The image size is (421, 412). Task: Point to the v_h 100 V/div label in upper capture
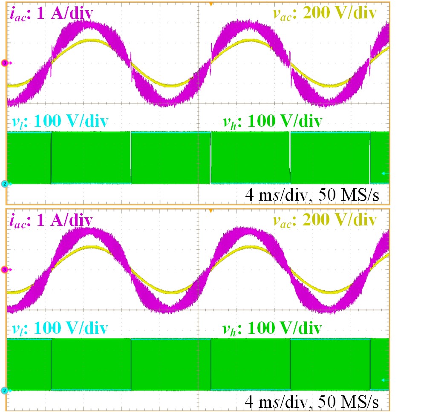pos(272,122)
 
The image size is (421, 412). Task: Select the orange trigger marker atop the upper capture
pos(210,4)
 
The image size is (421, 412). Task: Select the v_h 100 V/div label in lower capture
pos(272,328)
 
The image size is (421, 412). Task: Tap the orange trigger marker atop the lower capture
pos(210,210)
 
